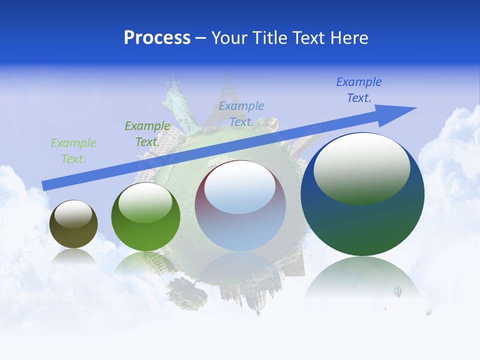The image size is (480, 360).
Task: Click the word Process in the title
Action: click(x=157, y=37)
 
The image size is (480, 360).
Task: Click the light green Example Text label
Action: click(x=73, y=150)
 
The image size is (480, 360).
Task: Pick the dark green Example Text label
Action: click(x=147, y=133)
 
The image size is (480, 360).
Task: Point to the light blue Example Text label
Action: click(x=241, y=113)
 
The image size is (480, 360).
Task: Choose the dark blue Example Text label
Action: click(x=358, y=89)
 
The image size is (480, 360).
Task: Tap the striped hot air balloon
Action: click(x=397, y=291)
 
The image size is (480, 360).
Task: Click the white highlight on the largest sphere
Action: click(x=361, y=167)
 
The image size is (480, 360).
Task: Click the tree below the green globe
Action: click(x=187, y=292)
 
